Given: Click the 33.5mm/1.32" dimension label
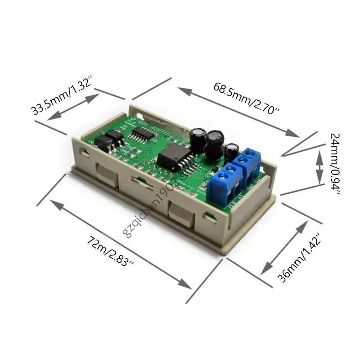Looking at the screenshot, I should pyautogui.click(x=62, y=97).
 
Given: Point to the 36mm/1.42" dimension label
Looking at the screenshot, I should pyautogui.click(x=299, y=257).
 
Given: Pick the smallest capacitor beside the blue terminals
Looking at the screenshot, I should pyautogui.click(x=232, y=151).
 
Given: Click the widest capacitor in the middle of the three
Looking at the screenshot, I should pyautogui.click(x=215, y=143).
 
